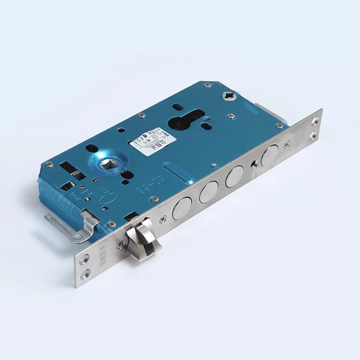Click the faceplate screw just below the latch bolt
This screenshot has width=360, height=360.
point(120,245)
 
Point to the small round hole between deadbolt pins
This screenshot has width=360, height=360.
point(254,164)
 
